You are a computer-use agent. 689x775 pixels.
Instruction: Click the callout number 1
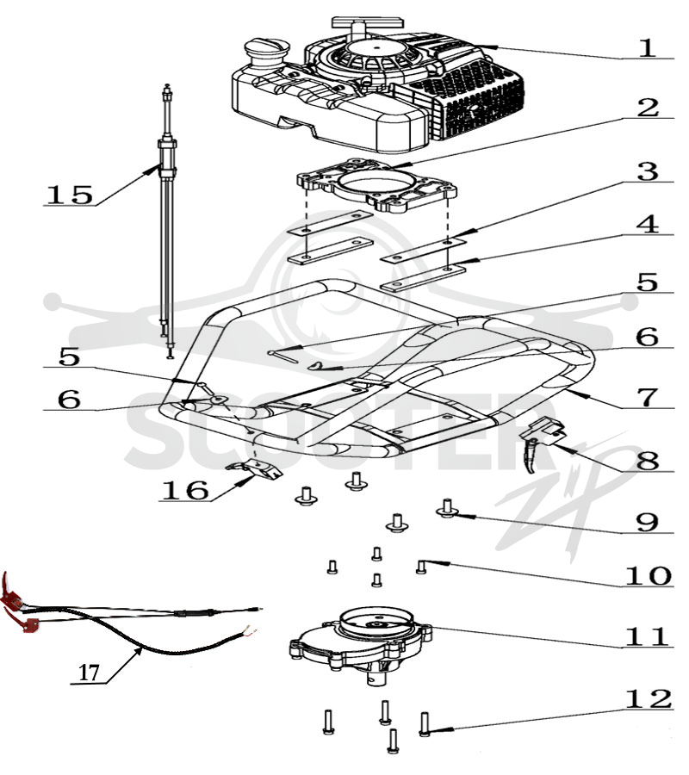pos(647,47)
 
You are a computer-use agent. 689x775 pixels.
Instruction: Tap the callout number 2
pos(648,108)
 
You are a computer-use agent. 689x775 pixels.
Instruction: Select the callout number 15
pos(69,195)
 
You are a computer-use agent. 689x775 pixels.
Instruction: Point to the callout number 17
pos(89,673)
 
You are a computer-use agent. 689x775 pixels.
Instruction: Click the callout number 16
pos(185,490)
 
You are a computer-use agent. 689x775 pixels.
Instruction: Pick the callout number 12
pos(649,699)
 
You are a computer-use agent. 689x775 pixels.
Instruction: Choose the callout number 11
pos(647,636)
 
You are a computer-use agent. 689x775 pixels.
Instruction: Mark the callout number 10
pos(649,576)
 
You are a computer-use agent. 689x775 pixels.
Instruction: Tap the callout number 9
pos(648,522)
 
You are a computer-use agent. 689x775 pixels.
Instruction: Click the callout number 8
pos(648,461)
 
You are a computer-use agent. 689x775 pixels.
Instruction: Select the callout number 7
pos(648,397)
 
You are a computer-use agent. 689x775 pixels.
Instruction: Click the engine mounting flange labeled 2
pos(376,186)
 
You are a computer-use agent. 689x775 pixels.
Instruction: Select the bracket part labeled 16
pos(255,468)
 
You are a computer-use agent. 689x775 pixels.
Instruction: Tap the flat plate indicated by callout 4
pos(423,279)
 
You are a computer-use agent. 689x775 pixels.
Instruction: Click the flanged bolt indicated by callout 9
pos(447,509)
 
